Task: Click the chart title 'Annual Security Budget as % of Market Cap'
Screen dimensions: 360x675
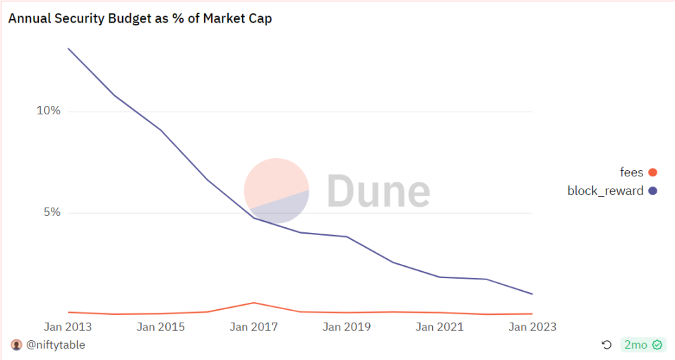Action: point(140,19)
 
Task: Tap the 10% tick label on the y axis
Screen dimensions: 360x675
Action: point(49,111)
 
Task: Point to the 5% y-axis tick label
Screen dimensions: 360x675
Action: point(52,212)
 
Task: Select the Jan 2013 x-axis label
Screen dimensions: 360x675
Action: point(68,327)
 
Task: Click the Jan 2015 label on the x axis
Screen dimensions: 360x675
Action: point(161,327)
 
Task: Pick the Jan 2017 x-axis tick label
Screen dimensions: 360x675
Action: point(254,327)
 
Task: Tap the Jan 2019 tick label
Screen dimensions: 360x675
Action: point(347,327)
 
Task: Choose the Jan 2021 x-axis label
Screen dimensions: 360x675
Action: point(440,327)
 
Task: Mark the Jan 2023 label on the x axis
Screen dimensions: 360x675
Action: point(532,327)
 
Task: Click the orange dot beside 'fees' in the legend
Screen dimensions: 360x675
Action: point(652,172)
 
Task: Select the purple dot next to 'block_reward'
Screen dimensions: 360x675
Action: point(652,191)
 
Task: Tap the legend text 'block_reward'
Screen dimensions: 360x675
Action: point(605,191)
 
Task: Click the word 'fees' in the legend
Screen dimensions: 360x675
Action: point(631,172)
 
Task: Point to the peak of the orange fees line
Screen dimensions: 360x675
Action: point(253,303)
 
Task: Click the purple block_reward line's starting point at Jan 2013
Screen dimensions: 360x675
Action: point(68,49)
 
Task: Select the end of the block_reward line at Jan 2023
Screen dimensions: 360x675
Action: point(532,294)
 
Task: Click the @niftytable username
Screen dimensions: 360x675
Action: point(56,345)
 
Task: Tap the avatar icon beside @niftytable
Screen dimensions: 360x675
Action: point(17,345)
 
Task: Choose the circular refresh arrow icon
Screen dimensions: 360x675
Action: point(607,345)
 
